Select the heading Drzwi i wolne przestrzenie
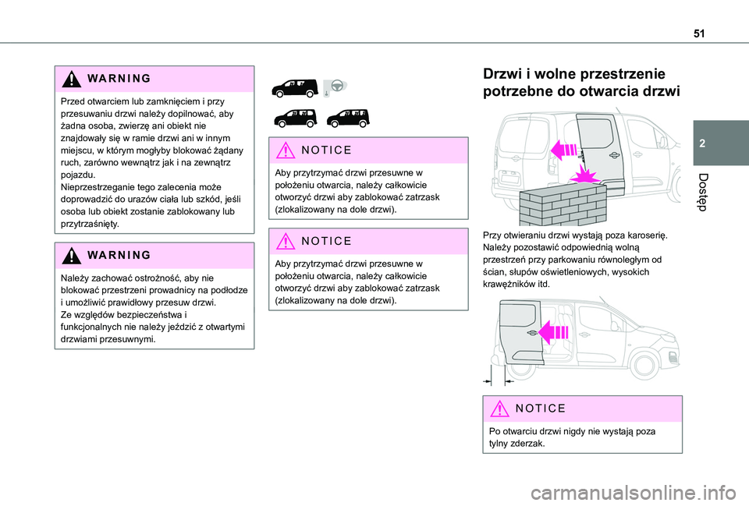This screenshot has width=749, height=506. click(574, 75)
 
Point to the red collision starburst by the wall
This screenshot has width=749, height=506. click(591, 175)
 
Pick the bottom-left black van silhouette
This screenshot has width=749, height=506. click(291, 119)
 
